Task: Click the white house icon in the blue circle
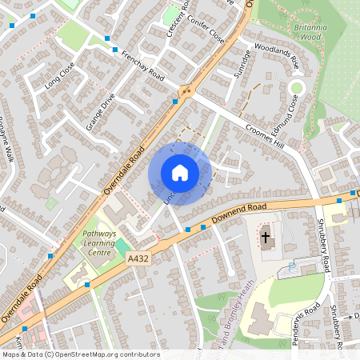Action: [180, 173]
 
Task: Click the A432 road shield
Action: [138, 258]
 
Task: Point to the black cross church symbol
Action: [266, 236]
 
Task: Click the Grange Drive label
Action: [101, 112]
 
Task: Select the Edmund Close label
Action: [288, 112]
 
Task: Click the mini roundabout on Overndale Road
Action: [187, 90]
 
